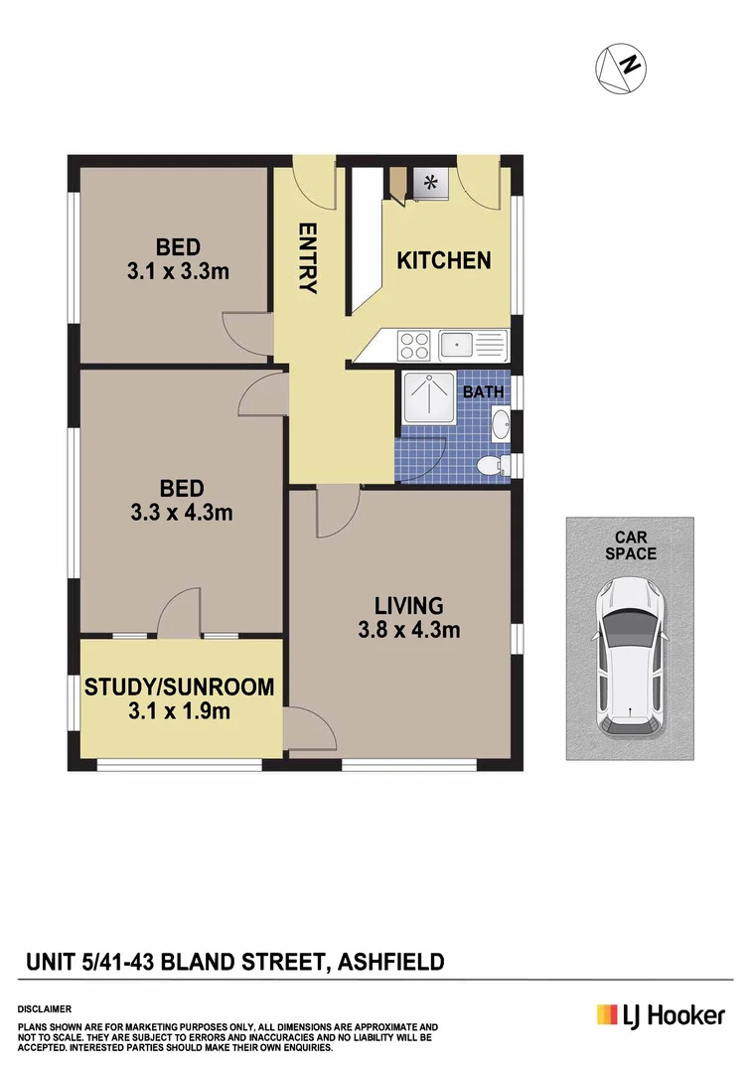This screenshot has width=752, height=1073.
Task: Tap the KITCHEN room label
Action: (444, 260)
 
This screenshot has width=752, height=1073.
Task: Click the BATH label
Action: (483, 392)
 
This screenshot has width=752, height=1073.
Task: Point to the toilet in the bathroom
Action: (490, 464)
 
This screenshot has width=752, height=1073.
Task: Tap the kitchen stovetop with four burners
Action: (413, 346)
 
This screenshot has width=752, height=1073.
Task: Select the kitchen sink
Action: (457, 345)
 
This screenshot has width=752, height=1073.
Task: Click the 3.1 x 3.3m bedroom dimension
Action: (179, 269)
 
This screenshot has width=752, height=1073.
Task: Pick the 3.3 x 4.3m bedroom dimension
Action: (182, 514)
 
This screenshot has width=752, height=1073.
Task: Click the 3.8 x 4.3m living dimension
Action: (408, 629)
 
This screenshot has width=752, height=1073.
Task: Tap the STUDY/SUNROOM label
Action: (179, 687)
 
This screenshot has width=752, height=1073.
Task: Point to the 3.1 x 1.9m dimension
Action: (179, 710)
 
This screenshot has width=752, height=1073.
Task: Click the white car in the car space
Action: (630, 658)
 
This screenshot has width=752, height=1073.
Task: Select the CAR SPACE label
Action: (631, 545)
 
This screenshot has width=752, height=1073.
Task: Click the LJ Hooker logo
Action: (661, 1014)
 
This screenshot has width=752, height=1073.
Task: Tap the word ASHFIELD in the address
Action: (391, 962)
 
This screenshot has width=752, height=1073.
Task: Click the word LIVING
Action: (408, 604)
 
